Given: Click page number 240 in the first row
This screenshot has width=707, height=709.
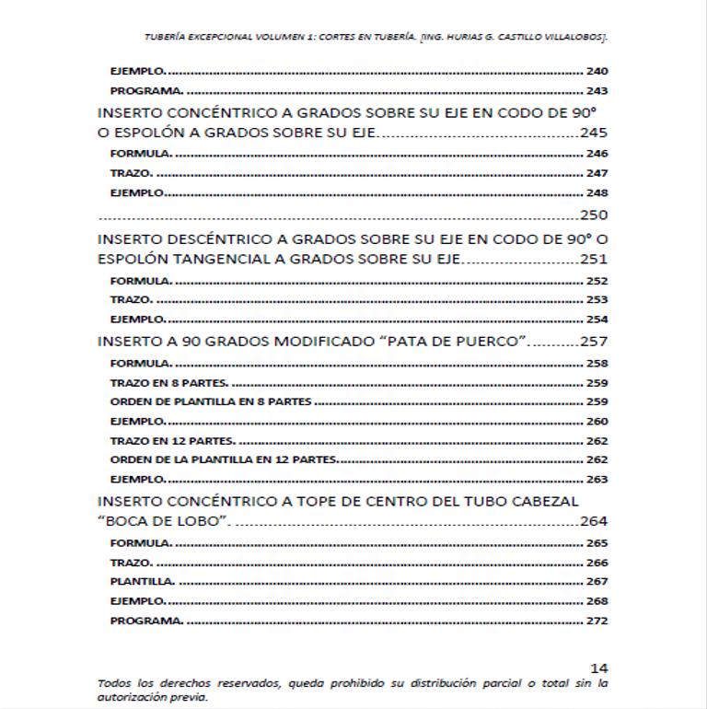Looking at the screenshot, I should click(597, 71).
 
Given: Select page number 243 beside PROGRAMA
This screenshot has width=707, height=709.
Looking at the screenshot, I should click(597, 91).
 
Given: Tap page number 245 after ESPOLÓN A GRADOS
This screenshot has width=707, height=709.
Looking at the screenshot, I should click(594, 133).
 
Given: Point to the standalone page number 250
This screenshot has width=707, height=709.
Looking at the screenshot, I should click(594, 215).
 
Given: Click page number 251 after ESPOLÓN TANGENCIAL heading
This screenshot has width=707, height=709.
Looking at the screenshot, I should click(594, 260).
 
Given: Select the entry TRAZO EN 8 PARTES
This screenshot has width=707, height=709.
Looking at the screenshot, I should click(168, 382).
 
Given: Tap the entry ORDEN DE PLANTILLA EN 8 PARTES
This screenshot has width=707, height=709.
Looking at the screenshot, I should click(211, 401).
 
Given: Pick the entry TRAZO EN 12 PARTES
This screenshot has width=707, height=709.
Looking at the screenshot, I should click(172, 441).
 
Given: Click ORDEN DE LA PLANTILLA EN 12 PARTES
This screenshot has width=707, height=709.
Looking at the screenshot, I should click(224, 459).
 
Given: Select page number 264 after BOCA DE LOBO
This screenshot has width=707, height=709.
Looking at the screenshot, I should click(594, 521).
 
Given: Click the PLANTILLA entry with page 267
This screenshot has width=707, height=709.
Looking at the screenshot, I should click(142, 582).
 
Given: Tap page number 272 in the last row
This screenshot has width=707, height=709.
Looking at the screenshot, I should click(597, 621).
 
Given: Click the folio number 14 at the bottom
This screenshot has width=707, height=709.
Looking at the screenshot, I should click(599, 668).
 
